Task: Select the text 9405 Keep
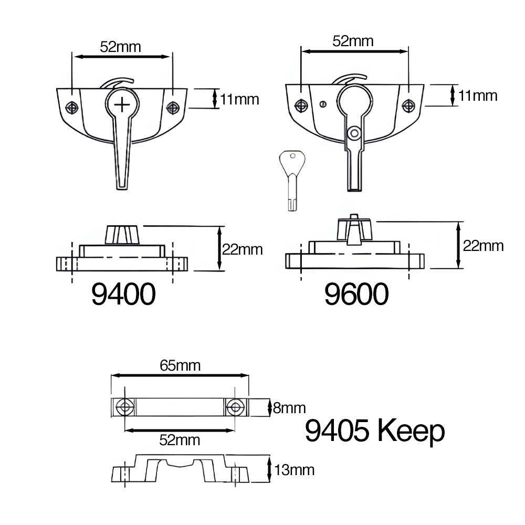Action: click(375, 432)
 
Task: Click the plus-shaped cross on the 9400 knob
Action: click(122, 104)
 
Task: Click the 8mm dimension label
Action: click(289, 408)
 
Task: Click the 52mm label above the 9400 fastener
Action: click(121, 47)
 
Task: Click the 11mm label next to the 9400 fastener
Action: click(239, 99)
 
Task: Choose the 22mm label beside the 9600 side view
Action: click(483, 246)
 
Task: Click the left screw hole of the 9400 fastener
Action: click(72, 107)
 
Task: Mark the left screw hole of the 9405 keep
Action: click(125, 406)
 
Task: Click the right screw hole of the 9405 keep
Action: click(234, 406)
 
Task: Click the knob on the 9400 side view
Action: click(123, 234)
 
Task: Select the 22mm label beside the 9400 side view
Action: click(242, 249)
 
